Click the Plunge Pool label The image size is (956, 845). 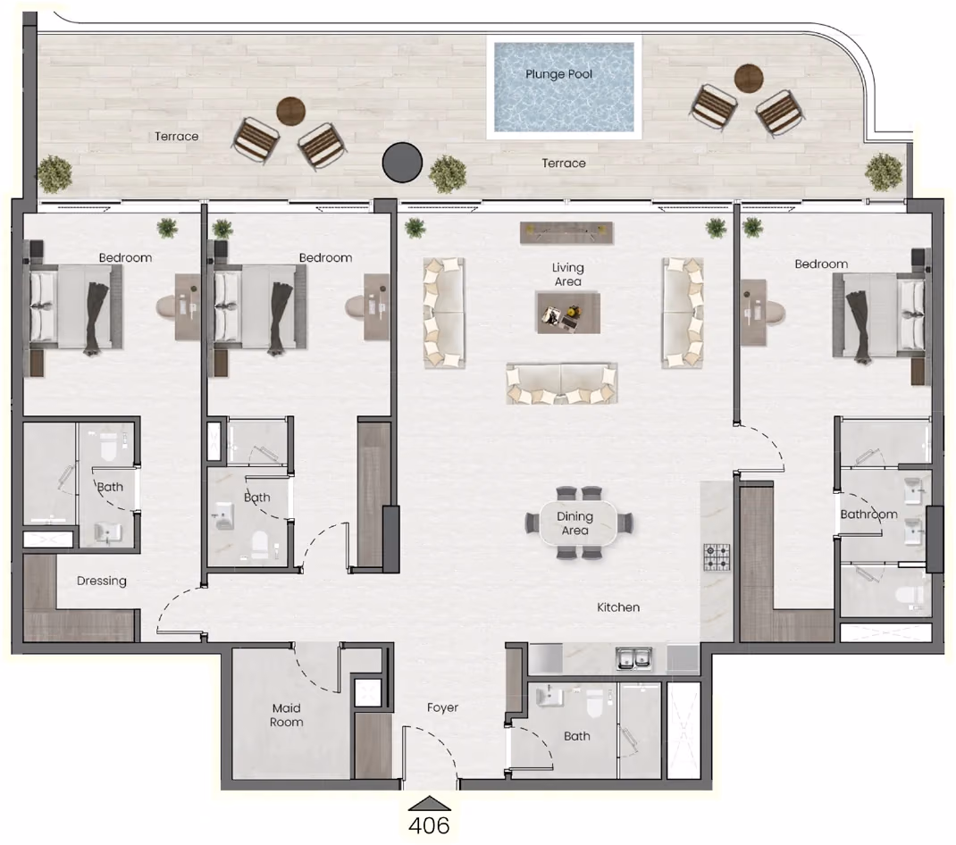pos(559,74)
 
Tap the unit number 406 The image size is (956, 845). pos(429,825)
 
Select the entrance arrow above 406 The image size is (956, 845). pos(429,804)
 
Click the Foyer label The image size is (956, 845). pos(442,707)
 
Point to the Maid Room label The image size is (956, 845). pos(287,715)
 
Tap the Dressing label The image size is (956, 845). pos(102,581)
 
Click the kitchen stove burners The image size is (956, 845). pos(717,556)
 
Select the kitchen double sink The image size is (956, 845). pos(633,658)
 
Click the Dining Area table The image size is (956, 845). pos(575,523)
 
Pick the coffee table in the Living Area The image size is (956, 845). pos(568,313)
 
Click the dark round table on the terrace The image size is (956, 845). pos(402,163)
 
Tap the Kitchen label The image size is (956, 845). pos(618,607)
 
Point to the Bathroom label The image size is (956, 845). pos(868,514)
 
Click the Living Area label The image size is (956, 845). pos(567,274)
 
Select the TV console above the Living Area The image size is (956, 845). pos(566,232)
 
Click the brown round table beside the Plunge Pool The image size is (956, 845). pos(749,78)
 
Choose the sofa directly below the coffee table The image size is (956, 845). pos(561,383)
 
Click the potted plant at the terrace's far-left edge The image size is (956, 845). pos(55,174)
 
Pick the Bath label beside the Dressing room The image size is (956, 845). pos(111,487)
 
